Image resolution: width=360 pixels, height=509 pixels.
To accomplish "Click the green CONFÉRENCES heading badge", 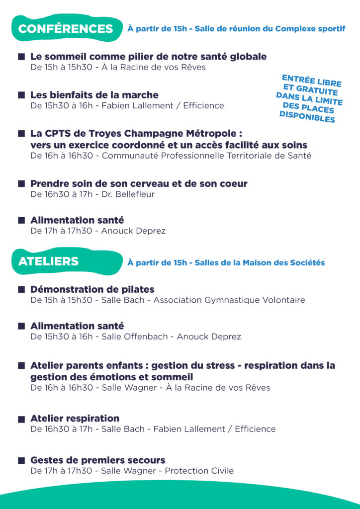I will [x=66, y=29].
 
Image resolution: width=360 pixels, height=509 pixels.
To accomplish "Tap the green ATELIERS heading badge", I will [x=49, y=261].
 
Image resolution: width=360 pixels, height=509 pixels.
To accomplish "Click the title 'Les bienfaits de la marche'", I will [x=94, y=95].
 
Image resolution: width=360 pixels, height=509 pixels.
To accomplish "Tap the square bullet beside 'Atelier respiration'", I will [x=21, y=419].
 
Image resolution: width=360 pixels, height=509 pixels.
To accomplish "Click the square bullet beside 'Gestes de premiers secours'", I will [x=21, y=461].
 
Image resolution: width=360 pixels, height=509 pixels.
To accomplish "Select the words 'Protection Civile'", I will [x=199, y=471].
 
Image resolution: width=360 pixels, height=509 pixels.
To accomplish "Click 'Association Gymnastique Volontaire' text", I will [x=229, y=300].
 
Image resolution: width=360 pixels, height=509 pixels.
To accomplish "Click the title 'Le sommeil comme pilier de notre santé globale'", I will [x=148, y=57].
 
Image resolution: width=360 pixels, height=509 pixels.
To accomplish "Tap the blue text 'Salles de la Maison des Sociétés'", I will [x=260, y=262].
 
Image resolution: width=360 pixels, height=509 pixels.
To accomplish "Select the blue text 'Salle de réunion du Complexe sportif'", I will [x=270, y=29].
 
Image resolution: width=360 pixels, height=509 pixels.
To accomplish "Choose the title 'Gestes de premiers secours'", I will [x=97, y=460].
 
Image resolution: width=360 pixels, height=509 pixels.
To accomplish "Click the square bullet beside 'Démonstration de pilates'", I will [x=21, y=290].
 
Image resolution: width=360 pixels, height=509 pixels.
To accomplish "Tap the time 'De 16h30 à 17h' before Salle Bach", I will [x=61, y=429].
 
